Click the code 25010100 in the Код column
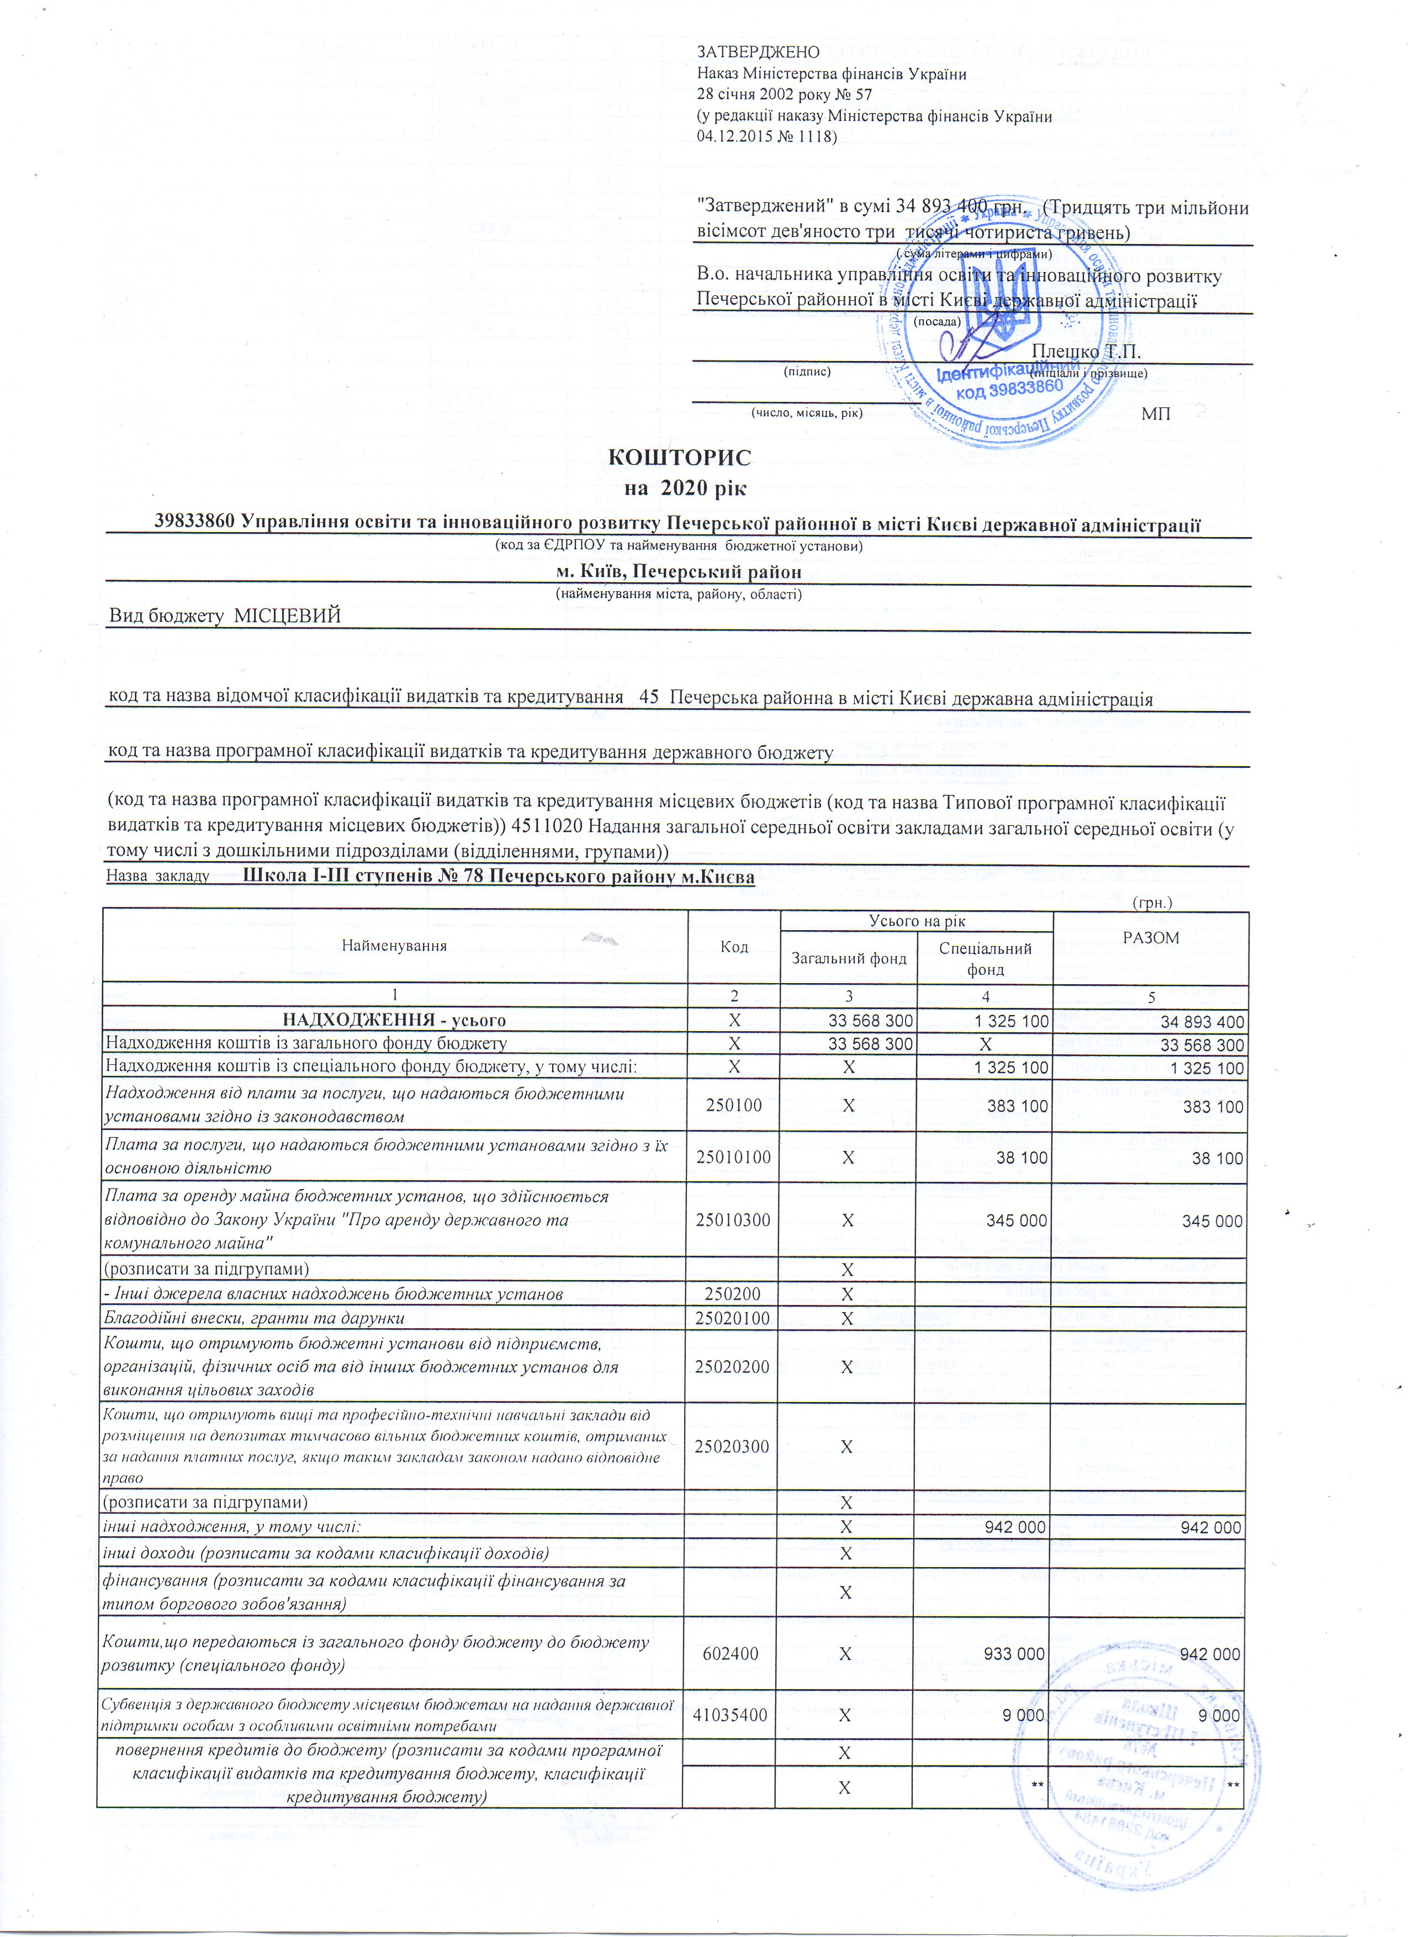click(x=734, y=1158)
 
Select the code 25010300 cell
click(x=734, y=1221)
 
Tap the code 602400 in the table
click(x=734, y=1654)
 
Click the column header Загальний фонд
click(x=849, y=958)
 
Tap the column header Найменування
click(x=395, y=946)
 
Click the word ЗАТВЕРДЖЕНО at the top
click(x=759, y=53)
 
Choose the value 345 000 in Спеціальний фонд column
click(x=1016, y=1221)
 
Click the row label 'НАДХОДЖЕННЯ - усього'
click(x=395, y=1021)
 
